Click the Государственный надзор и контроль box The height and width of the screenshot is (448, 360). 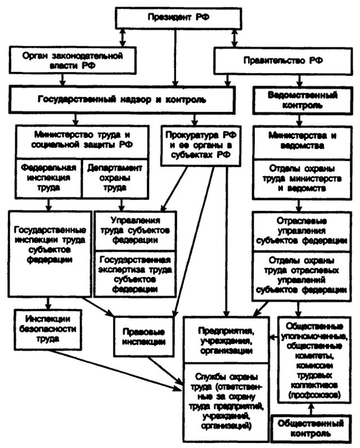[121, 99]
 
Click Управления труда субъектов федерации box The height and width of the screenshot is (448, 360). [134, 229]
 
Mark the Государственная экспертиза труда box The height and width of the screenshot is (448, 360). [134, 273]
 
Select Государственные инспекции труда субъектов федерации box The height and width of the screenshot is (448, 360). [49, 245]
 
